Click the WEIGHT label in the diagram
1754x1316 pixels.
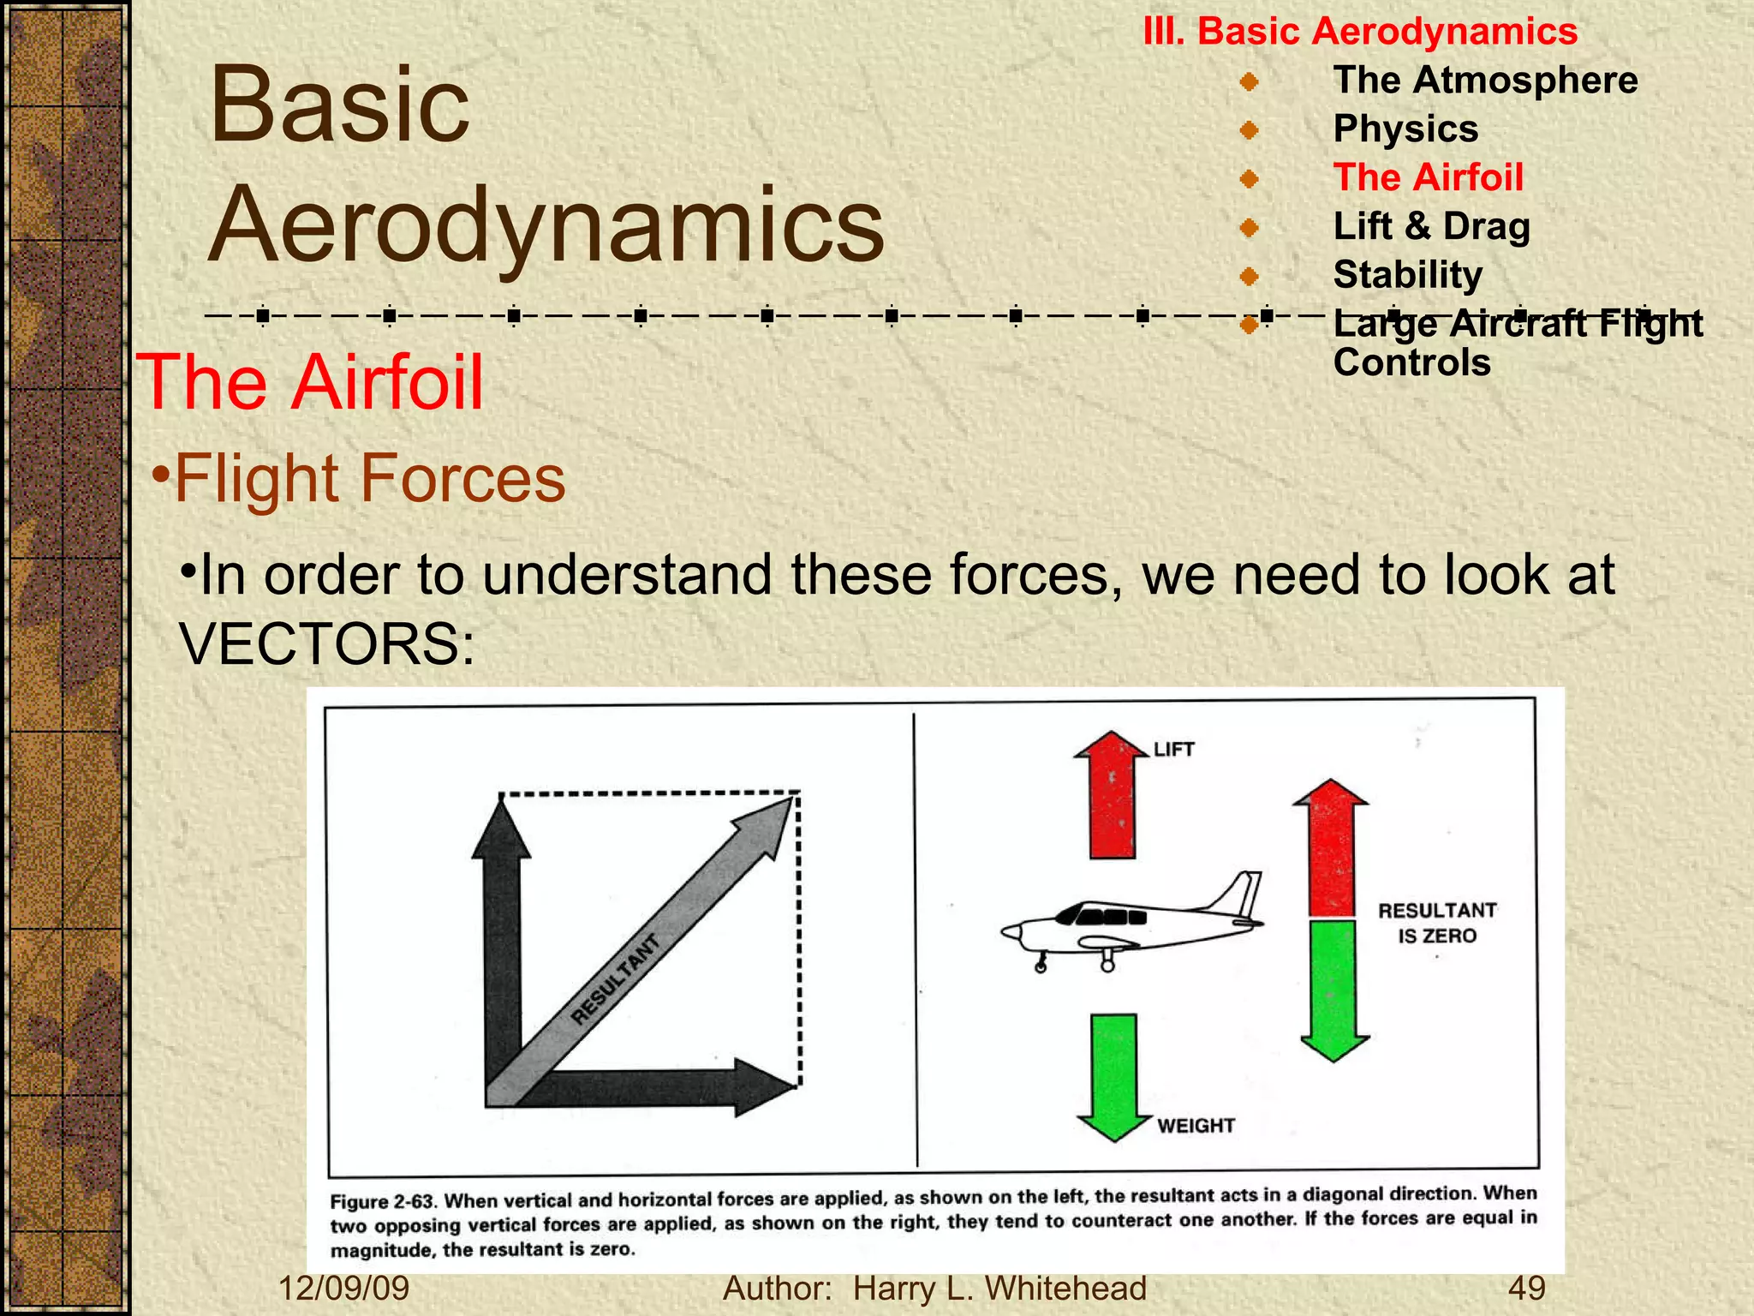point(1196,1126)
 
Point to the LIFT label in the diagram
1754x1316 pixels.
point(1173,750)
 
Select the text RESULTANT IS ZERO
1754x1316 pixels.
point(1437,923)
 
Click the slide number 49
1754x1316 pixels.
point(1527,1289)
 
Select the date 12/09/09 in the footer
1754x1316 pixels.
point(344,1289)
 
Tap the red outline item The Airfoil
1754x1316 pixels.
point(1428,177)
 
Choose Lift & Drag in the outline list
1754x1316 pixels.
point(1431,226)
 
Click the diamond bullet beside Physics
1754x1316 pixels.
point(1250,130)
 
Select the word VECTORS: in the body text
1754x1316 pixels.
point(327,644)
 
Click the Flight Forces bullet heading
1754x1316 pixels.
point(369,478)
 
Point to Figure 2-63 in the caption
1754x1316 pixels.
point(383,1201)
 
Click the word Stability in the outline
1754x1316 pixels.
point(1407,275)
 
